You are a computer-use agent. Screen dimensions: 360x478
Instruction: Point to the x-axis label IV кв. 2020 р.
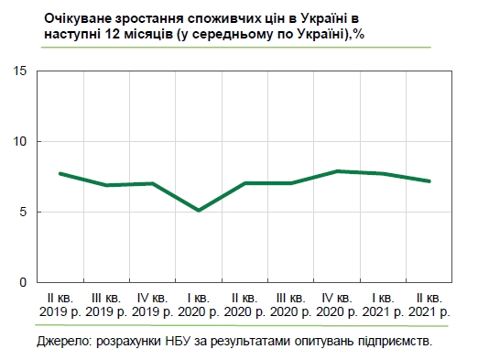[338, 305]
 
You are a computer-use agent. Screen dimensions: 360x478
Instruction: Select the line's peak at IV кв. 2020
[338, 171]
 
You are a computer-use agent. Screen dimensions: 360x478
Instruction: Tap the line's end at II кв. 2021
[429, 181]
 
